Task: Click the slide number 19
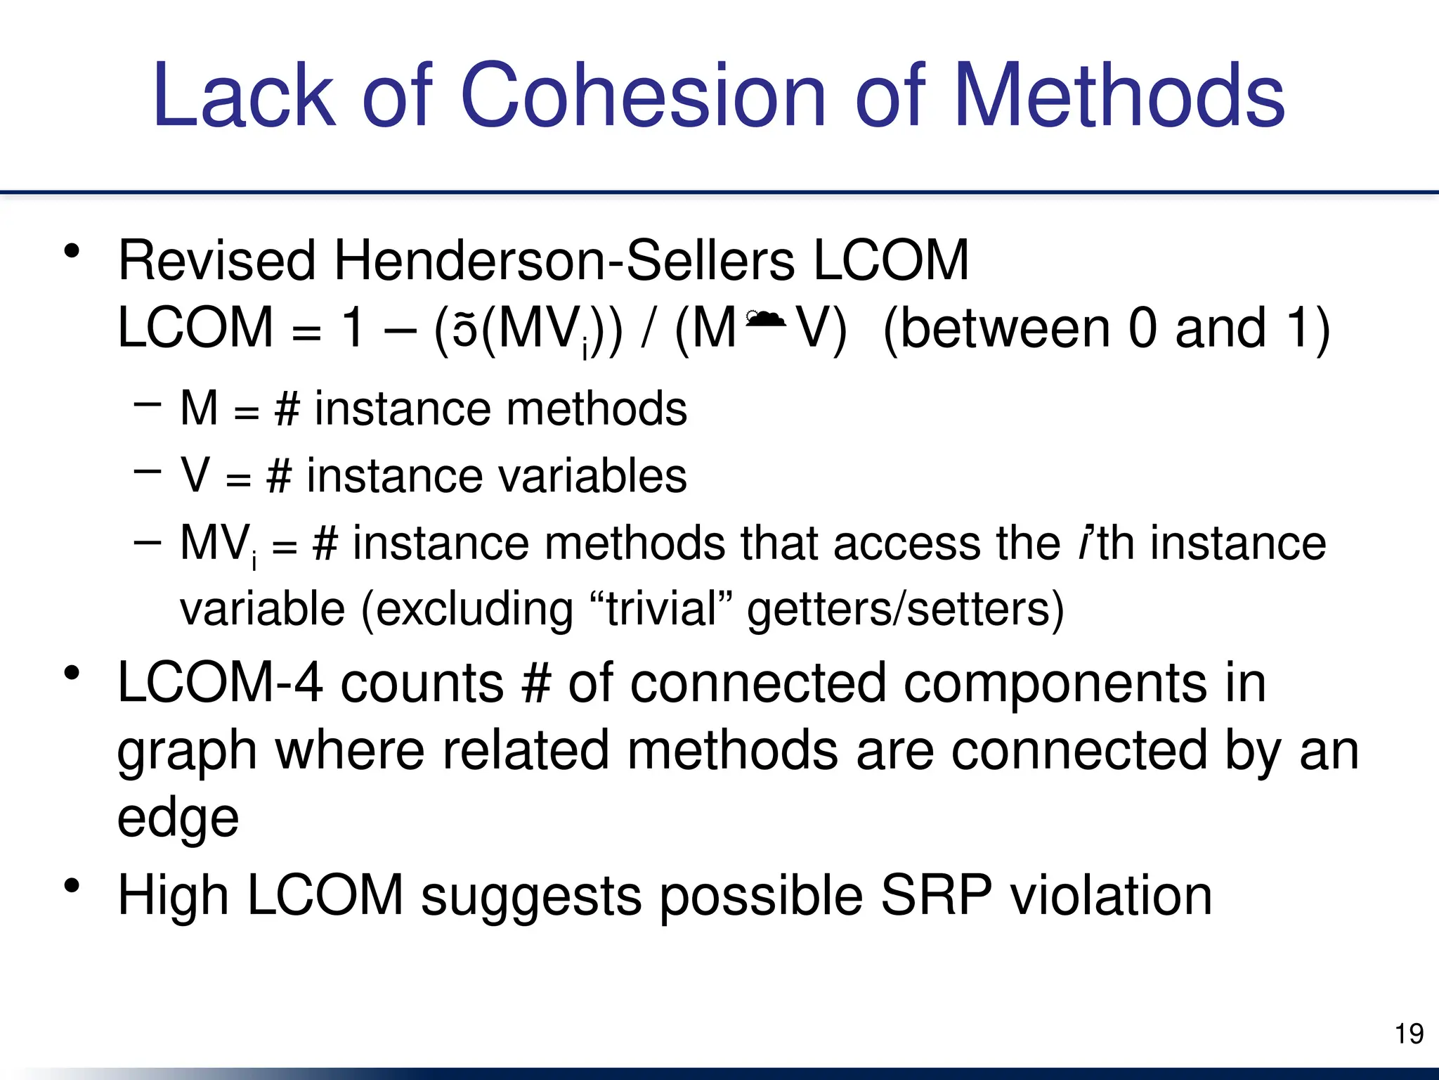1409,1034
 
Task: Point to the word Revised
217,261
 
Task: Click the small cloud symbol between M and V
765,319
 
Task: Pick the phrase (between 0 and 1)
1106,328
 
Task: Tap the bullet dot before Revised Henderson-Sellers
72,250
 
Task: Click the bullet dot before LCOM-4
72,673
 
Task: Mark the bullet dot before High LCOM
72,885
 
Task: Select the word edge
178,819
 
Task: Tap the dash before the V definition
147,471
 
